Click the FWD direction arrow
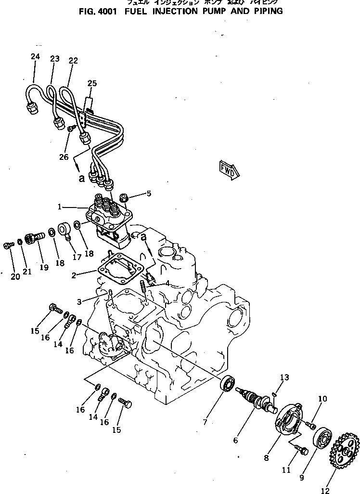click(229, 169)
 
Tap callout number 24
click(35, 56)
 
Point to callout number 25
click(92, 83)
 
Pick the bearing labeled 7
click(228, 384)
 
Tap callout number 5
click(149, 194)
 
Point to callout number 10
click(322, 398)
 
